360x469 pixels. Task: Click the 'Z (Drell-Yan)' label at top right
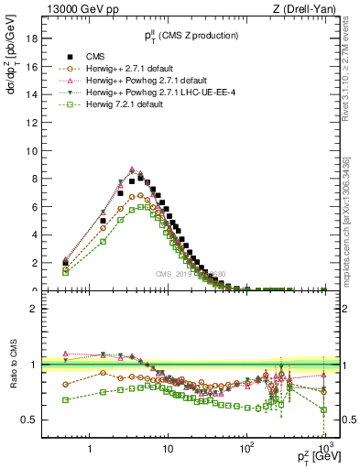pos(308,9)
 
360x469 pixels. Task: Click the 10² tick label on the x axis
pos(245,450)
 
